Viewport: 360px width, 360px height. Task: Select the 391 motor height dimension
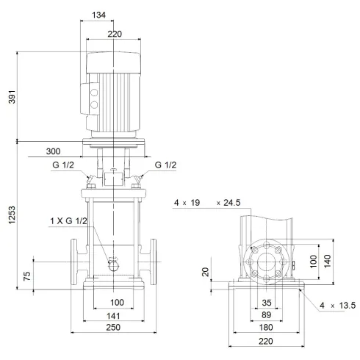(x=10, y=96)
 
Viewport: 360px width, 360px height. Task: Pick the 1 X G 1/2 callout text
(x=68, y=221)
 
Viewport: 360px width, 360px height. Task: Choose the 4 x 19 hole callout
(x=187, y=202)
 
